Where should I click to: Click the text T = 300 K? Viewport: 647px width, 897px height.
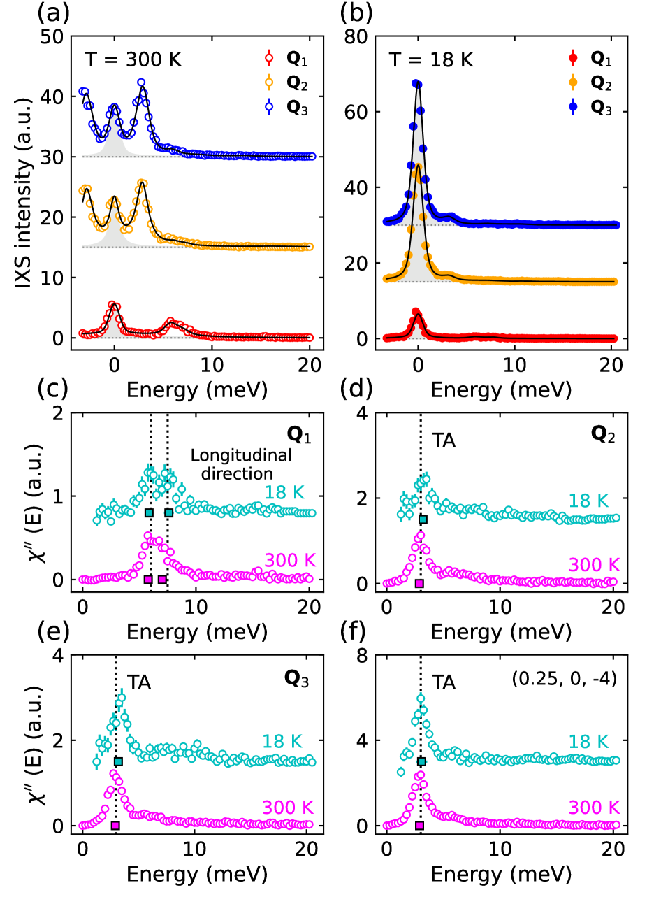click(133, 59)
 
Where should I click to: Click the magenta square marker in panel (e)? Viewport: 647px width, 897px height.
click(116, 826)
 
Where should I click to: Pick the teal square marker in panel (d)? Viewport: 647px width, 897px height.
click(422, 519)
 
